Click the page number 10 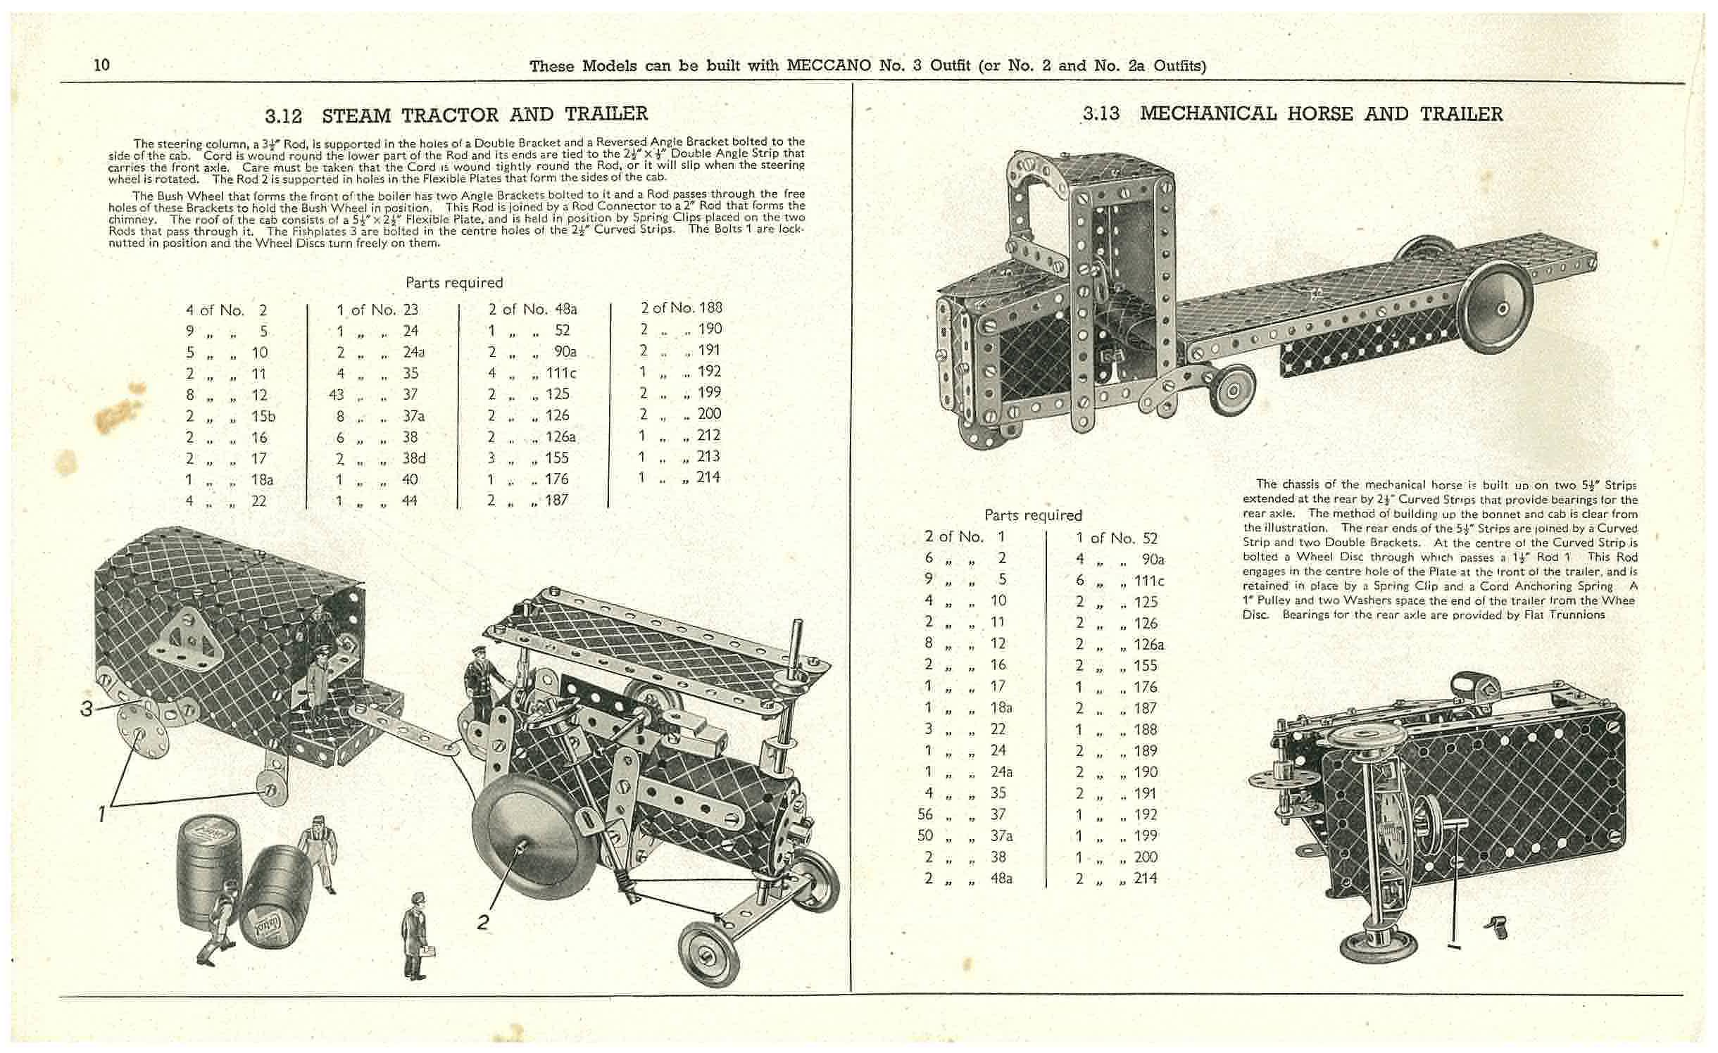pyautogui.click(x=101, y=65)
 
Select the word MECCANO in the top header pyautogui.click(x=829, y=66)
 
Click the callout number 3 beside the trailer pyautogui.click(x=86, y=709)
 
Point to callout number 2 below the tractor pyautogui.click(x=483, y=922)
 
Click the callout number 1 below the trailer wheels pyautogui.click(x=102, y=814)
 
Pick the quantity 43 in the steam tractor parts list pyautogui.click(x=337, y=395)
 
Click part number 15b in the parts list pyautogui.click(x=263, y=417)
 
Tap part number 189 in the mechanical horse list pyautogui.click(x=1146, y=751)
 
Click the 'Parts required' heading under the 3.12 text pyautogui.click(x=454, y=283)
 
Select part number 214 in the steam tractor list pyautogui.click(x=708, y=477)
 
